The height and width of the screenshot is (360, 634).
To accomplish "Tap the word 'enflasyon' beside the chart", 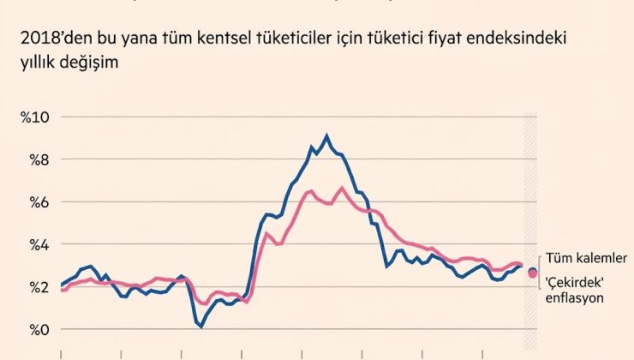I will (577, 298).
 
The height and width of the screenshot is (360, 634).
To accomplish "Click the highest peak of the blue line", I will (326, 135).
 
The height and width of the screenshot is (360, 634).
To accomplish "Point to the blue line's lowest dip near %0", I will (200, 327).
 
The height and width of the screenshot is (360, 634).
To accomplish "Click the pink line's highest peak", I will (342, 187).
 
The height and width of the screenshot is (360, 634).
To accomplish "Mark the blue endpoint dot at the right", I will (532, 271).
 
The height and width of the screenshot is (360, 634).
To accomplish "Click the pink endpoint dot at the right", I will (534, 274).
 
